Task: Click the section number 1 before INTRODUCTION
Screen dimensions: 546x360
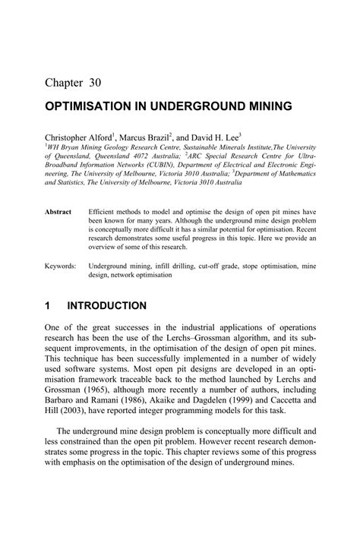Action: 47,306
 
